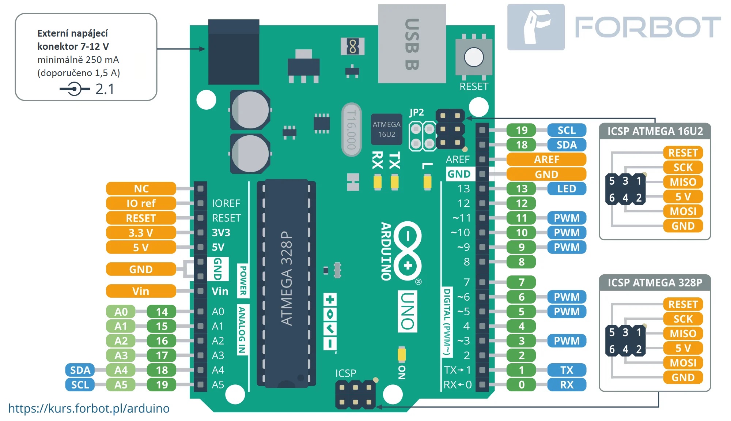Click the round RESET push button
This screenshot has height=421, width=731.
point(474,57)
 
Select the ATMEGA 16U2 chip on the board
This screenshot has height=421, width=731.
point(386,129)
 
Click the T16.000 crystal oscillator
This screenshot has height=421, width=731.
point(351,129)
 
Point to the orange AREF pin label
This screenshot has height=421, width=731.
point(546,159)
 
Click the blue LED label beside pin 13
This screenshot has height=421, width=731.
point(566,189)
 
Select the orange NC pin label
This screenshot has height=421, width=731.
point(141,189)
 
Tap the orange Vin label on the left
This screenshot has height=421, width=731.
point(141,291)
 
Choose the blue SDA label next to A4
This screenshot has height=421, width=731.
point(80,370)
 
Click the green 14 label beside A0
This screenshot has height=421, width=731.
point(162,312)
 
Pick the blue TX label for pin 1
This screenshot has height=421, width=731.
point(566,370)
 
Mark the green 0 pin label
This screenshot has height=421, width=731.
point(521,385)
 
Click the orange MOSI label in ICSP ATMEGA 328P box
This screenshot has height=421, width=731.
point(683,363)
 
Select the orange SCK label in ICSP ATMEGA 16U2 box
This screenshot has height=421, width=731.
point(683,168)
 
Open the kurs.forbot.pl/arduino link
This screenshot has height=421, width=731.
point(89,408)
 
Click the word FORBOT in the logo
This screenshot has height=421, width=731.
point(648,27)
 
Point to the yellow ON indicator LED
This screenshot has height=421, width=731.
point(402,354)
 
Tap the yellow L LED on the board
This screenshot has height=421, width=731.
point(427,182)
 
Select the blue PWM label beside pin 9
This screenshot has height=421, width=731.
point(566,247)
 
